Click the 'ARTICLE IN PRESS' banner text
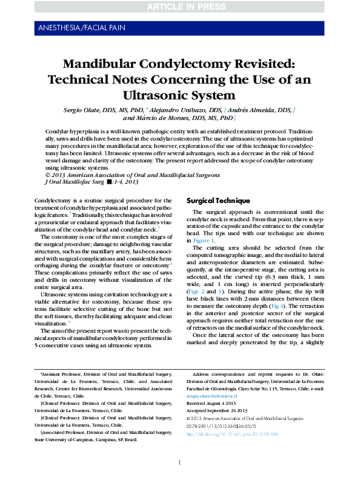(180, 7)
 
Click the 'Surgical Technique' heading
(218, 201)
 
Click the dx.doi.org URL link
(232, 434)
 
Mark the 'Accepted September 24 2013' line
(219, 410)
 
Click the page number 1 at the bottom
(179, 462)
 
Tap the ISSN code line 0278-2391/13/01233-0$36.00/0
(223, 426)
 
